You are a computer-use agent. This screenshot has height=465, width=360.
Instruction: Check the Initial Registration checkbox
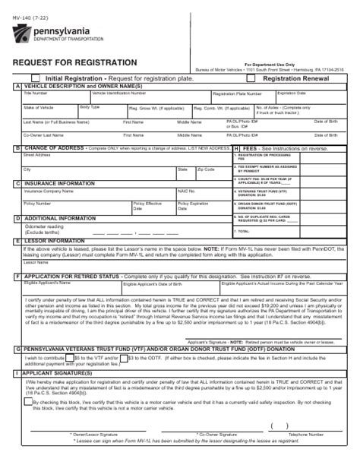pos(36,78)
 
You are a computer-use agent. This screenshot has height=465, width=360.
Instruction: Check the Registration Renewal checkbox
pos(256,78)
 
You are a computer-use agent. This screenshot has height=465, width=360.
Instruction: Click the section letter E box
pos(17,241)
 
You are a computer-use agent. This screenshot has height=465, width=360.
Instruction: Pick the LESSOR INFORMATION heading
pos(55,241)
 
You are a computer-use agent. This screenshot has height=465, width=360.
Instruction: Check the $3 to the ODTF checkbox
pos(125,356)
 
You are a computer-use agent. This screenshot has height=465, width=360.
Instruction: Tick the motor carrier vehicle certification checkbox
pos(28,401)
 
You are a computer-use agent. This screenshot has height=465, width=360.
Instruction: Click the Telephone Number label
pos(305,435)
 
